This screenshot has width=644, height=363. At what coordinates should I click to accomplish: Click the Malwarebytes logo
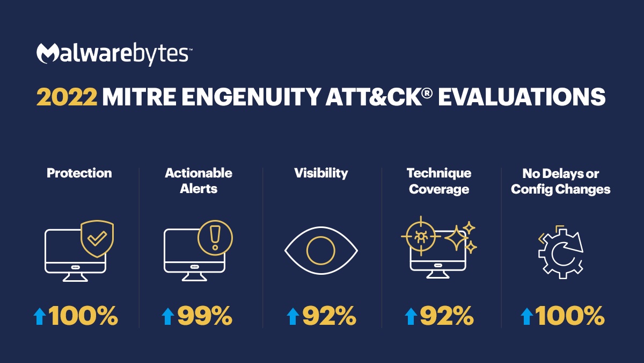click(114, 54)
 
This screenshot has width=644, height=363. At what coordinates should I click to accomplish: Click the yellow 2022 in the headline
click(67, 97)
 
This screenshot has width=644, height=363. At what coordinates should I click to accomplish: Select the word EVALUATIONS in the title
click(522, 97)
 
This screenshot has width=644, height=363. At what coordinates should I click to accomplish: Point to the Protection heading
click(79, 173)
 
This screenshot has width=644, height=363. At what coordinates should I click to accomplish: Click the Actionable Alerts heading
click(199, 181)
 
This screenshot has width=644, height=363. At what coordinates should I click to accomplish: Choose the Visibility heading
click(321, 173)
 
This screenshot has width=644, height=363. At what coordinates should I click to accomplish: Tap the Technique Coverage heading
click(439, 181)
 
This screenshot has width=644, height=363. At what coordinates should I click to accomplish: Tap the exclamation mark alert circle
click(215, 238)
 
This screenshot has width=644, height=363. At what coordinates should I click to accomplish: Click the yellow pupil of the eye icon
click(321, 251)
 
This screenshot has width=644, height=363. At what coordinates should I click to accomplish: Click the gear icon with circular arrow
click(561, 252)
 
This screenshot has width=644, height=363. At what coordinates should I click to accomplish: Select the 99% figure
click(205, 316)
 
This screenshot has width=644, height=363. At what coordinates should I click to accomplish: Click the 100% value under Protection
click(83, 316)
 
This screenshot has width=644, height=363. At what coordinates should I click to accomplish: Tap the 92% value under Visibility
click(330, 316)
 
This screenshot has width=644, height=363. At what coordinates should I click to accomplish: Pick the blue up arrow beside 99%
click(168, 316)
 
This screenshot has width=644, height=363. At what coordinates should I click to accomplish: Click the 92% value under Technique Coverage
click(447, 316)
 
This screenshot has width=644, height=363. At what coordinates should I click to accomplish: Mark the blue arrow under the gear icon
click(526, 316)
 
